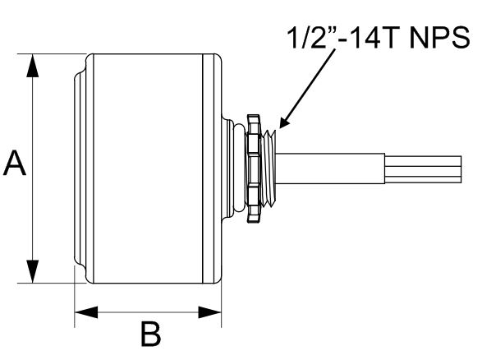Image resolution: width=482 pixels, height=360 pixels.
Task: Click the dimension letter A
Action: (x=15, y=164)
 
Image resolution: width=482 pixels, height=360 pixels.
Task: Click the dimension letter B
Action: (x=150, y=335)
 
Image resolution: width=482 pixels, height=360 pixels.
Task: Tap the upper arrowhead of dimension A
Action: (x=33, y=65)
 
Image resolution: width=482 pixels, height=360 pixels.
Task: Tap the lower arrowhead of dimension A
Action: (x=33, y=271)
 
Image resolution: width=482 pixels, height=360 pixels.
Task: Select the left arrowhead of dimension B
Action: (x=86, y=312)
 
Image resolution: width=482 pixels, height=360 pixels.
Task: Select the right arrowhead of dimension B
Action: (x=209, y=312)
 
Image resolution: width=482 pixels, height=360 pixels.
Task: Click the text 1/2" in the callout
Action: (x=311, y=37)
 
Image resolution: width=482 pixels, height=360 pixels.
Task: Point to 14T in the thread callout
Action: (x=369, y=38)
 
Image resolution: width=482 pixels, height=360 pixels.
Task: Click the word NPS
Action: (x=439, y=38)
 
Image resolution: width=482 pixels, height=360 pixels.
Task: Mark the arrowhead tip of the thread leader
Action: (x=279, y=128)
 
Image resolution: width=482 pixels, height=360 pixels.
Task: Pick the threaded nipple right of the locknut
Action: (x=269, y=168)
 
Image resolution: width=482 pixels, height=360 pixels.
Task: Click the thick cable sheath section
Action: (x=330, y=168)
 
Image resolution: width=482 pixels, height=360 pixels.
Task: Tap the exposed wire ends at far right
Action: (x=423, y=169)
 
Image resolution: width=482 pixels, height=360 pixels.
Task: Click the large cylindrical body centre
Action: (x=148, y=168)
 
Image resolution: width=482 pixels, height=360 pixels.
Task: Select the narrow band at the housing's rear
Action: (x=212, y=168)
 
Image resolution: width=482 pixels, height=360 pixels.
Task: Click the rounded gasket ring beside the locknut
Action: (x=240, y=168)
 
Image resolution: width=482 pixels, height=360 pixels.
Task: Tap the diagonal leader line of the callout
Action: (x=307, y=90)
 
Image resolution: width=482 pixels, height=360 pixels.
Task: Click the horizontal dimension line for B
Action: (x=148, y=312)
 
